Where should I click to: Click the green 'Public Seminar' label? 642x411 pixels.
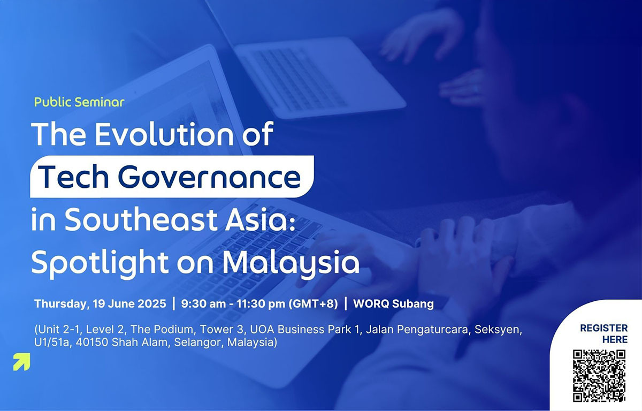(79, 102)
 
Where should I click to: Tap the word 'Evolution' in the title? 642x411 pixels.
(164, 134)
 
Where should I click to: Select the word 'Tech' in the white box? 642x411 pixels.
(73, 177)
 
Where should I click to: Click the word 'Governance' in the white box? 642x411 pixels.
(209, 177)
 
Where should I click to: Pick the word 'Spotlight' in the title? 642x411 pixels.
(100, 263)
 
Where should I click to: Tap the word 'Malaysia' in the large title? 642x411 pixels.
(291, 263)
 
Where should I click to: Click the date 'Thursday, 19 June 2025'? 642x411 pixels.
(101, 304)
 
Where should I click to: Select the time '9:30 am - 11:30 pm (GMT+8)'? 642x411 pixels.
(259, 304)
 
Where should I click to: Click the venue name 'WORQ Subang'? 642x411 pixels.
(394, 304)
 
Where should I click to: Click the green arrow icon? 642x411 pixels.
(21, 362)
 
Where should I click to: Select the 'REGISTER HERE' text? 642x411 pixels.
(603, 333)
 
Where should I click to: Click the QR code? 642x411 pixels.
(599, 376)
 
